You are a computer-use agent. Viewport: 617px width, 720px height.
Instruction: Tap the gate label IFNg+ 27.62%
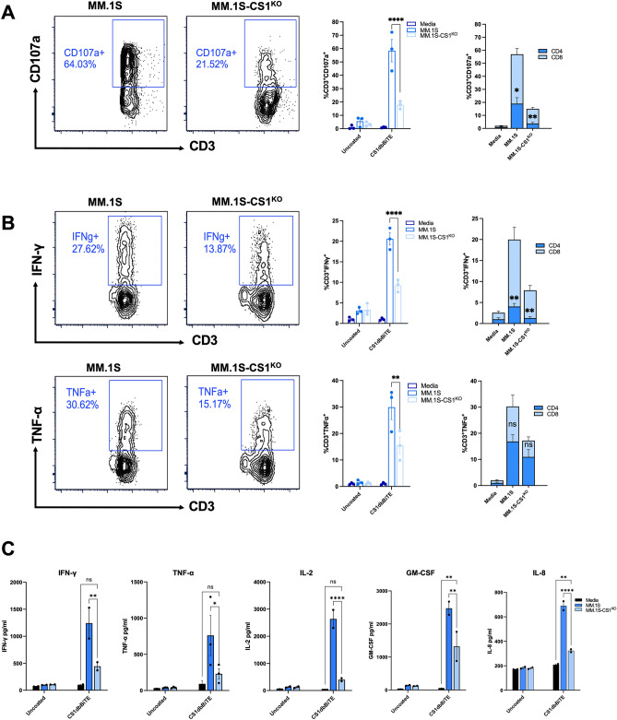click(x=83, y=250)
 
